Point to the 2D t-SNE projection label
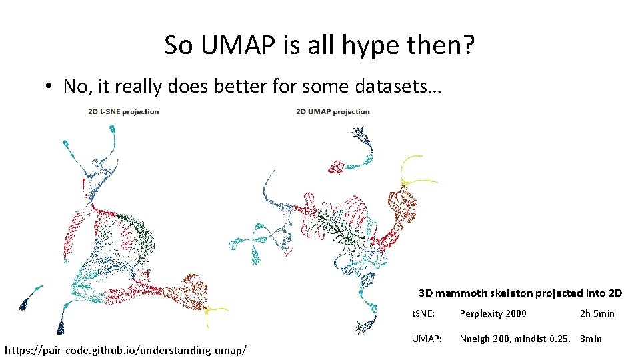[x=123, y=111]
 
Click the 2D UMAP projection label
[x=332, y=111]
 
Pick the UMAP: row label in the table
[x=426, y=339]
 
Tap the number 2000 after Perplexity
[x=514, y=313]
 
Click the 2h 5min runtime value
[x=597, y=313]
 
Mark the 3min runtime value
[x=591, y=339]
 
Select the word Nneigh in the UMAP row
[x=474, y=339]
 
